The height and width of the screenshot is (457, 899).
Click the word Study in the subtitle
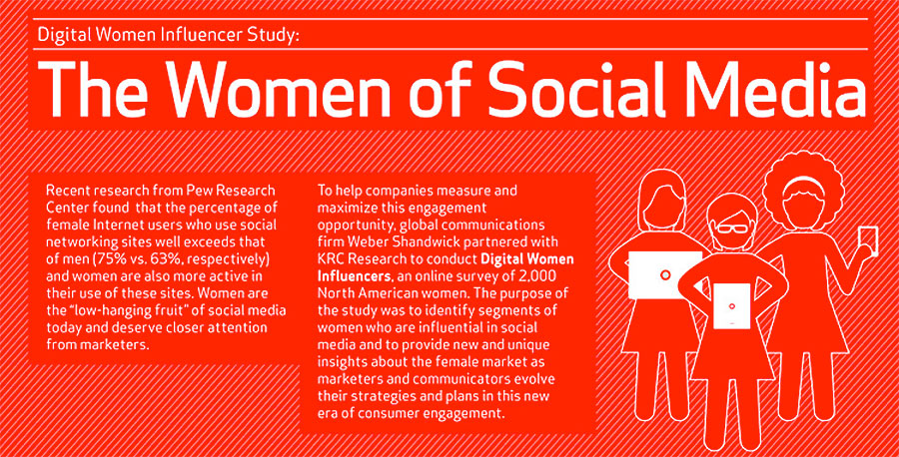[272, 36]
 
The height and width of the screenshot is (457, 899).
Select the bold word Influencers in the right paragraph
[355, 275]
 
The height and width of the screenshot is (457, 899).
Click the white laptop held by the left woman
[665, 274]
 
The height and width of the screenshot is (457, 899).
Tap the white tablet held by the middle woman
[731, 305]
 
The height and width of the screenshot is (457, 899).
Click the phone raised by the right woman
[867, 240]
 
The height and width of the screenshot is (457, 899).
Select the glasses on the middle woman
[732, 228]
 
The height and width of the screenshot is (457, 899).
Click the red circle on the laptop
[665, 274]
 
